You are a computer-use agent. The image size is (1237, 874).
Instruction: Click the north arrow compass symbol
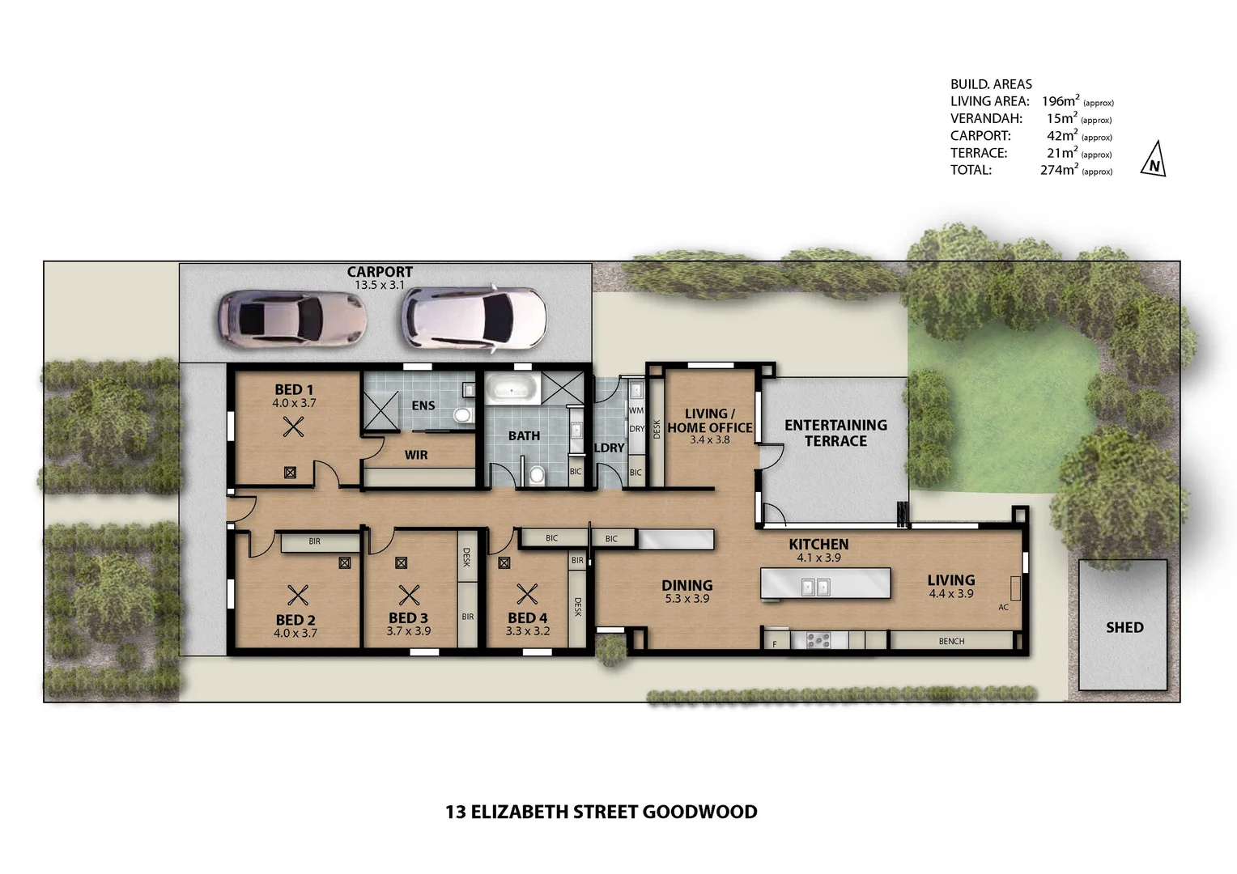click(x=1154, y=159)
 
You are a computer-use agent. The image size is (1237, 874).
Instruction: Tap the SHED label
click(x=1124, y=627)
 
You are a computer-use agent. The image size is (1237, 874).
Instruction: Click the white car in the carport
click(x=474, y=320)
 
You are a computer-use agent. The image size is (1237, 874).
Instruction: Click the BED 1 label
click(x=294, y=389)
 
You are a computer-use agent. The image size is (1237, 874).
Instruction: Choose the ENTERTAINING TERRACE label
click(x=835, y=433)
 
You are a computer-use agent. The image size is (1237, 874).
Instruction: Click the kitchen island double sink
click(x=815, y=587)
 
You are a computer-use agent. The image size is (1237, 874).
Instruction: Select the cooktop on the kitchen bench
click(x=818, y=640)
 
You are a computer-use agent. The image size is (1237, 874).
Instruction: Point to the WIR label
click(x=416, y=455)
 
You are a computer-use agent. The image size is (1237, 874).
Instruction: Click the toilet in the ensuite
click(x=462, y=416)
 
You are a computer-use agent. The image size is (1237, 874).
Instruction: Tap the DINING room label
click(x=687, y=585)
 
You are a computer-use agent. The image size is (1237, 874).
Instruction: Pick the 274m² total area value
click(x=1059, y=170)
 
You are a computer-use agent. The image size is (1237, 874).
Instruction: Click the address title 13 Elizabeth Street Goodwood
click(x=601, y=812)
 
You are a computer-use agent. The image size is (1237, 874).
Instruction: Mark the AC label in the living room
click(x=1003, y=607)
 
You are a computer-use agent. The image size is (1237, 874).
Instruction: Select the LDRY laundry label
click(x=610, y=448)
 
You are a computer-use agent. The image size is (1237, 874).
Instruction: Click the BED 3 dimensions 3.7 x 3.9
click(x=408, y=631)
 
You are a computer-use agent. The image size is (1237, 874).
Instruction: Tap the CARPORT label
click(x=380, y=272)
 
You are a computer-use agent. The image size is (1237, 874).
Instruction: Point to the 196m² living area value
click(x=1061, y=101)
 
